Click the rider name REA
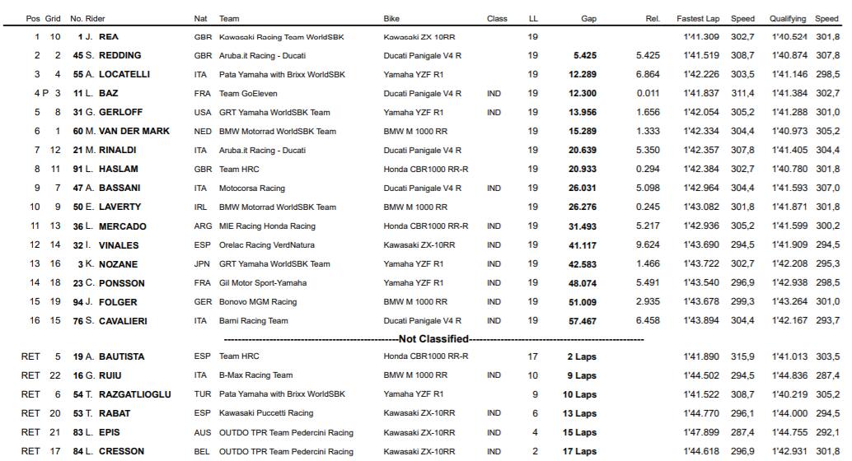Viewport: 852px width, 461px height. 109,37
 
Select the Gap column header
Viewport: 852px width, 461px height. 588,18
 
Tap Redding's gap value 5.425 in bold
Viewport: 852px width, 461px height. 584,56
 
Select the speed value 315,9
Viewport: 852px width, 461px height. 742,356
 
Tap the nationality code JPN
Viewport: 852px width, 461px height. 202,264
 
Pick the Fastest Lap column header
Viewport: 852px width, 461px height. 698,18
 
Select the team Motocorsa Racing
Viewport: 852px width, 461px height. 251,189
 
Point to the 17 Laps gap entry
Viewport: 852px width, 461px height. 580,451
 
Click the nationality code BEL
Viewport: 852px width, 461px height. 202,451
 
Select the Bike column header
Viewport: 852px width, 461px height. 392,18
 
